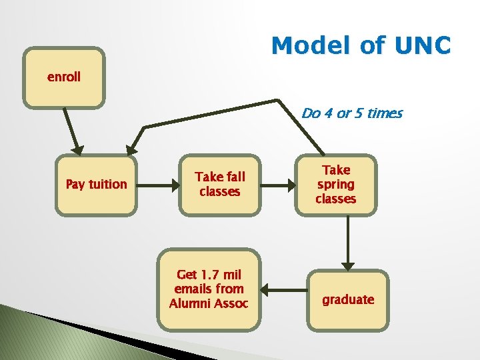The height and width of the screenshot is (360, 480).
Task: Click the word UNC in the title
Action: [x=423, y=46]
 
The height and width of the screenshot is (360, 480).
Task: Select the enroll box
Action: [x=64, y=77]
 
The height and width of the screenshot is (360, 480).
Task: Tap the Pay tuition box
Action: [x=96, y=185]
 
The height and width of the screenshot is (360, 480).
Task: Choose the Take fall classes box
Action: [x=219, y=185]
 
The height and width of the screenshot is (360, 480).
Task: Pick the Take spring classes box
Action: [x=336, y=185]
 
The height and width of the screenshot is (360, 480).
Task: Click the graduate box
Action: [x=348, y=300]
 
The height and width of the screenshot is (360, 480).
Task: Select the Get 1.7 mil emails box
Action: [x=209, y=289]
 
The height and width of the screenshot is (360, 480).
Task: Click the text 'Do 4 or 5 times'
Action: [x=352, y=113]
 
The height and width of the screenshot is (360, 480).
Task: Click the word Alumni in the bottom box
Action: [x=189, y=303]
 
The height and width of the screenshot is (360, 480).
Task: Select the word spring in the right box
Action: [x=336, y=185]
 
